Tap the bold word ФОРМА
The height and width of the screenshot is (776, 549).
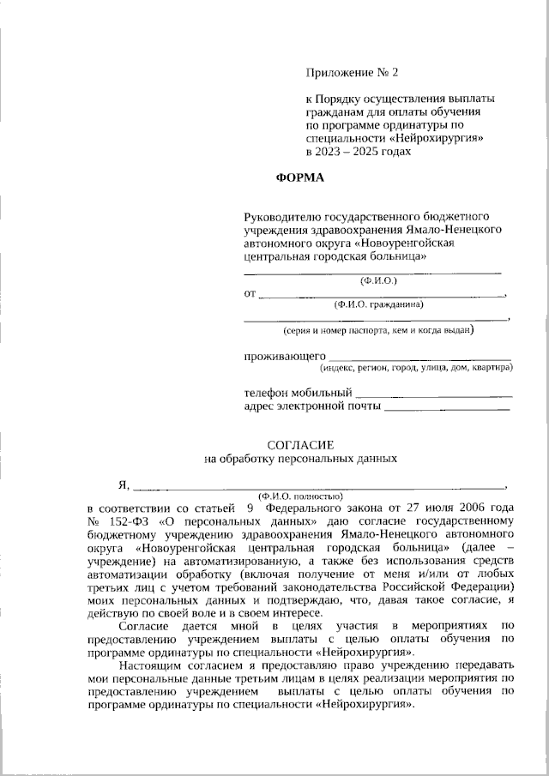coord(301,178)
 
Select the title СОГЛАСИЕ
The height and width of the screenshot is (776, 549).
coord(300,444)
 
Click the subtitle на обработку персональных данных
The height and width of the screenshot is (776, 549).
coord(300,459)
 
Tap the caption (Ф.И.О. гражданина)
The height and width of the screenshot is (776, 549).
coord(378,304)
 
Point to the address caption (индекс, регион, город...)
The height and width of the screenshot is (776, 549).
coord(416,368)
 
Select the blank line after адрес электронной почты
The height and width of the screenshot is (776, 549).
coord(446,409)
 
